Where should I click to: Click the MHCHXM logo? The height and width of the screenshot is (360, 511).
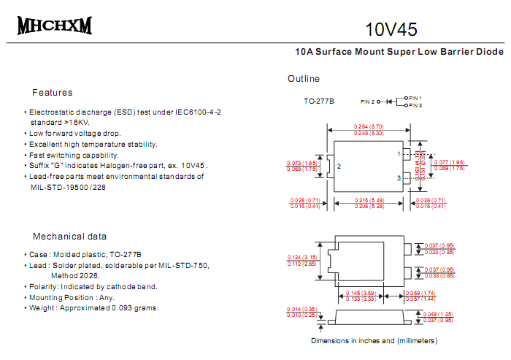[55, 26]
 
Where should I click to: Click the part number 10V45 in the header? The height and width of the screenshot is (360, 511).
[391, 30]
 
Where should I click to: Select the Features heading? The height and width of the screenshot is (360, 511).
[53, 93]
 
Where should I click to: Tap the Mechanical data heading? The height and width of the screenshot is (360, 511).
[69, 237]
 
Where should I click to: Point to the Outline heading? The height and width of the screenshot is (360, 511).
[304, 79]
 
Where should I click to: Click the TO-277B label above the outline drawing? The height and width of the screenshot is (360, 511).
[319, 102]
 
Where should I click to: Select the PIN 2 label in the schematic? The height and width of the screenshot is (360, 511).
[367, 102]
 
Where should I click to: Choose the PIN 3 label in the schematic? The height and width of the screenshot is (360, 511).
[415, 106]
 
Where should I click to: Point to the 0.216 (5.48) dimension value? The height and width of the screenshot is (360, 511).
[369, 200]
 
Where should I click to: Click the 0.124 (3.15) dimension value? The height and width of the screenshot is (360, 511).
[303, 257]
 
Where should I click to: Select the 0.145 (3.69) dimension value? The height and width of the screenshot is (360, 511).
[361, 293]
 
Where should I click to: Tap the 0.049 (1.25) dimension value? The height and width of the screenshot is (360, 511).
[439, 313]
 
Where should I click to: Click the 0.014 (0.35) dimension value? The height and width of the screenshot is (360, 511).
[302, 310]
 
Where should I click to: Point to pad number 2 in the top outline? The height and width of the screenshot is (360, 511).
[339, 166]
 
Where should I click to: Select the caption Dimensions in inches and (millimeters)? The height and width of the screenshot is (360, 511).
[374, 340]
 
